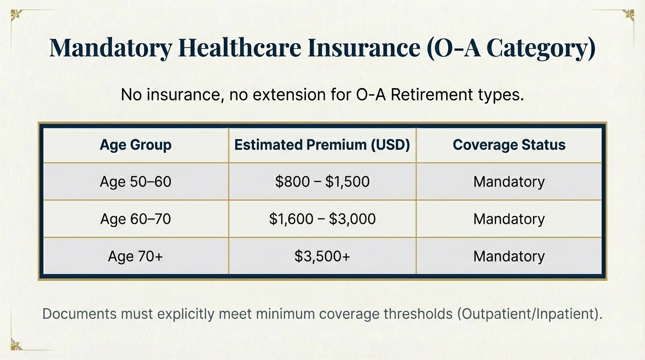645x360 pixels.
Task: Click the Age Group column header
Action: pos(135,145)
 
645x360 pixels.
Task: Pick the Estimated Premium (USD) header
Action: pos(322,145)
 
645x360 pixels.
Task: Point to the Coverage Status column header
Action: pos(509,145)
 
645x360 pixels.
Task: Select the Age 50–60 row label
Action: pos(135,182)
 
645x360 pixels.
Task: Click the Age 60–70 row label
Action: pos(135,219)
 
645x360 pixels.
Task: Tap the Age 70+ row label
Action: pos(135,256)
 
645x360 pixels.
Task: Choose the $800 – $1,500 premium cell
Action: pos(322,182)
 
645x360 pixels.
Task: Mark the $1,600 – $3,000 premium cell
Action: pos(322,219)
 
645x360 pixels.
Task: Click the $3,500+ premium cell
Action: pos(322,256)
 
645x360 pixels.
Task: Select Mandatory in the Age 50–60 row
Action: pos(509,182)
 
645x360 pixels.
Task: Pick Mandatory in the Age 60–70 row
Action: pos(509,219)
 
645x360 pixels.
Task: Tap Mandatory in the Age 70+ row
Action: pos(509,256)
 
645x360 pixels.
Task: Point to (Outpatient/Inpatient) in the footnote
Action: pos(529,314)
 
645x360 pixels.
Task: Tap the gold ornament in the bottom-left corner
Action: pos(15,345)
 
